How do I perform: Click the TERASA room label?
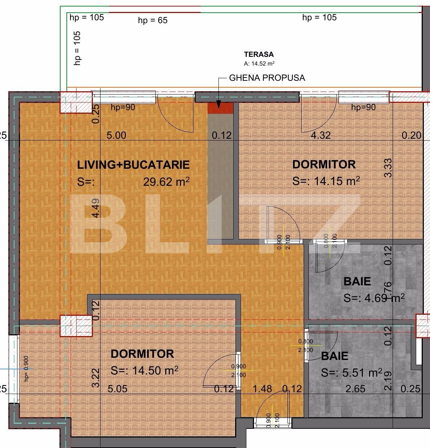(258, 55)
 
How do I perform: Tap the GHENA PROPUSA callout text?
(267, 78)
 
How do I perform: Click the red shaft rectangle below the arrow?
(220, 108)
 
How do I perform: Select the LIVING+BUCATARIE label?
(133, 165)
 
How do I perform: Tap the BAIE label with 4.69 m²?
(357, 281)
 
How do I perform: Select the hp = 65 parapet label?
(153, 20)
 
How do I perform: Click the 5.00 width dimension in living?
(116, 135)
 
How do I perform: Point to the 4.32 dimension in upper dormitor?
(321, 135)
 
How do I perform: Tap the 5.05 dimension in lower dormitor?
(118, 389)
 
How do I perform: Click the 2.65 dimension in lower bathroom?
(355, 389)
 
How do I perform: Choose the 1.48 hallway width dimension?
(262, 389)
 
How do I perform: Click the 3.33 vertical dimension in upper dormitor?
(388, 168)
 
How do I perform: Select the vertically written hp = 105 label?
(77, 48)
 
